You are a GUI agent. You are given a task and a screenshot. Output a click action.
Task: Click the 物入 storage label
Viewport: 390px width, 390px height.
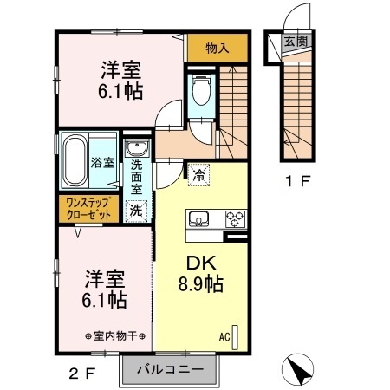pyautogui.click(x=218, y=49)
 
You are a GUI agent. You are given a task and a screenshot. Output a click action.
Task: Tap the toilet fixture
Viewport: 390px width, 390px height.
pyautogui.click(x=201, y=90)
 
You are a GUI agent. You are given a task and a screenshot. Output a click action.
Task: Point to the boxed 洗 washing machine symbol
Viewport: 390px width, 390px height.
pyautogui.click(x=135, y=209)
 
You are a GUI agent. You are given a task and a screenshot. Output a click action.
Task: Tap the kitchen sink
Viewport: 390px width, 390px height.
pyautogui.click(x=198, y=218)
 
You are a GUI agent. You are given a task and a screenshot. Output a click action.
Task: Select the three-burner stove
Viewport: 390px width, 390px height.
pyautogui.click(x=235, y=218)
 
